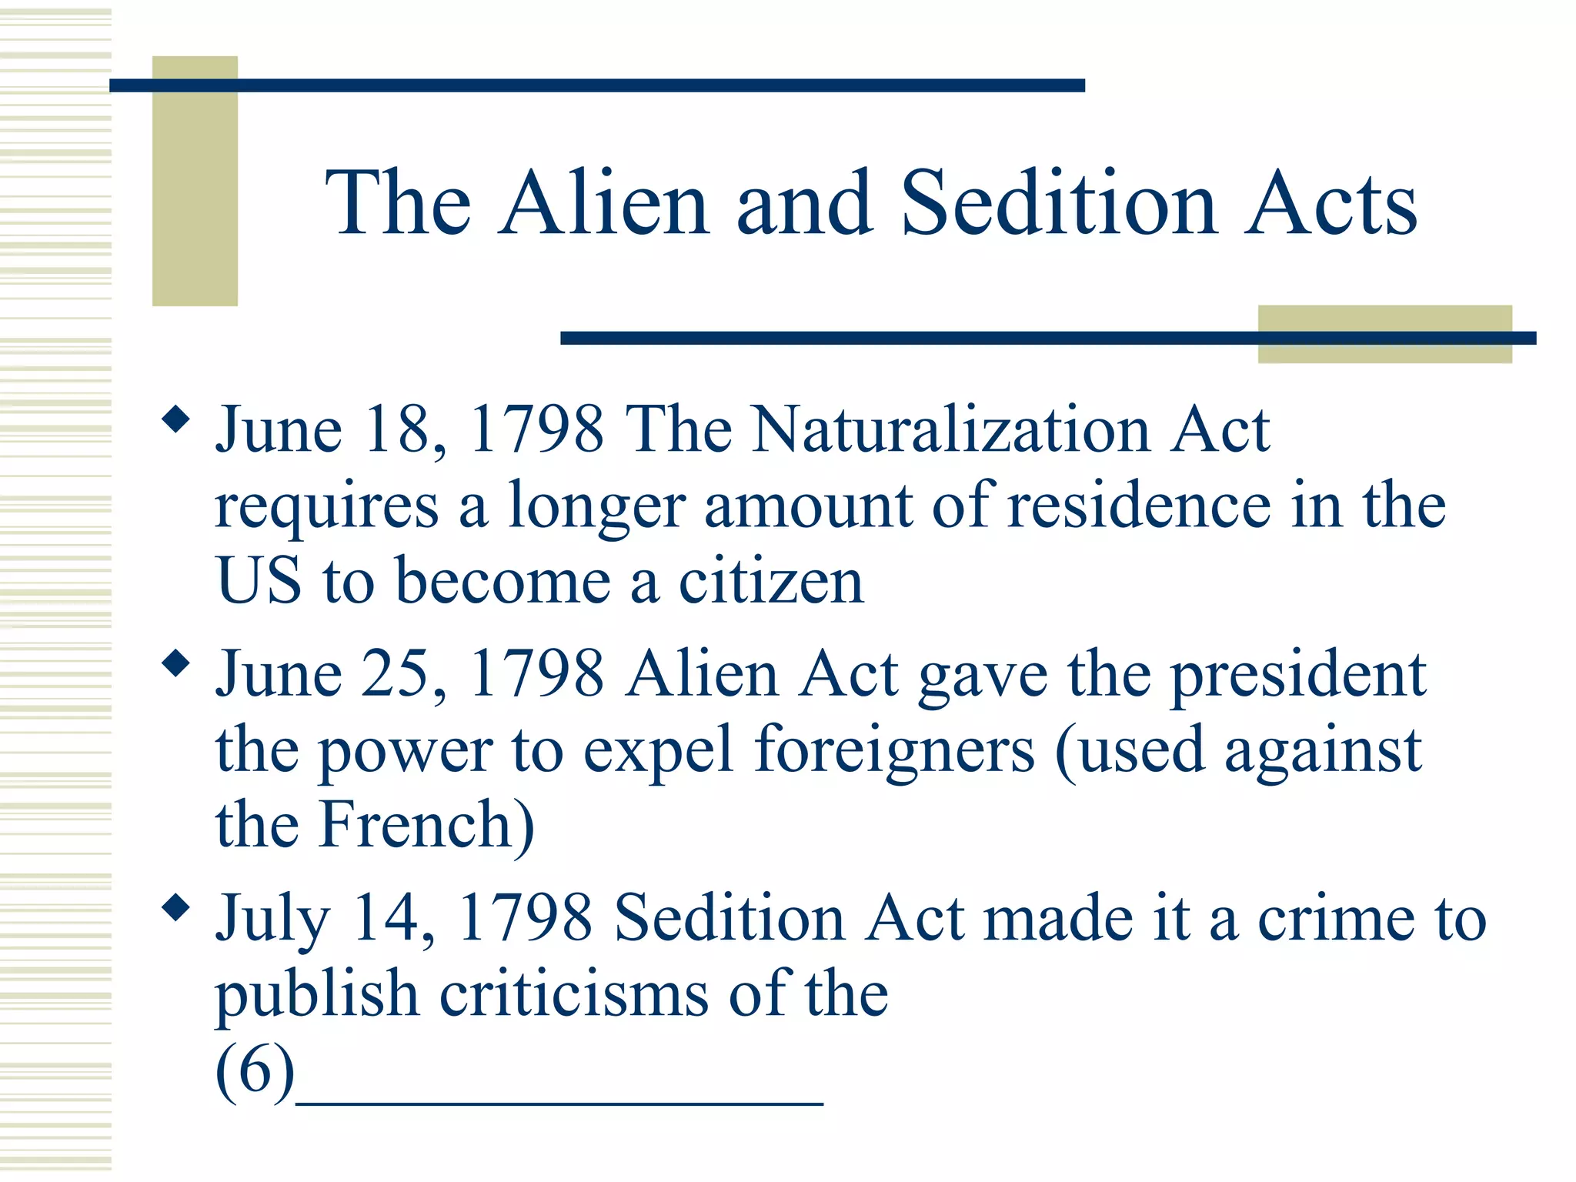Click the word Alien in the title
[x=604, y=203]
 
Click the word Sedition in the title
[x=1058, y=203]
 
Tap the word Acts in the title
[x=1331, y=203]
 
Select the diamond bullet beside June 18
[x=176, y=419]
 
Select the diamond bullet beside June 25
[x=176, y=663]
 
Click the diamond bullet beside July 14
[x=176, y=908]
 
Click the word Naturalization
[x=950, y=429]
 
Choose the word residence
[x=1139, y=506]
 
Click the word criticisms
[x=573, y=993]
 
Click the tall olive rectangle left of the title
[x=195, y=181]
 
